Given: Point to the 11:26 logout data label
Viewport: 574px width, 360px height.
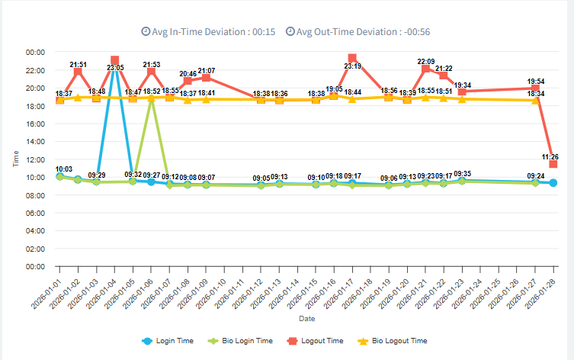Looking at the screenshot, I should tap(550, 156).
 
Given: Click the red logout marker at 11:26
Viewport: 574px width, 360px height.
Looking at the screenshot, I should tap(553, 164).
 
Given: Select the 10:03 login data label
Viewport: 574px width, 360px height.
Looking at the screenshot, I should tap(64, 169).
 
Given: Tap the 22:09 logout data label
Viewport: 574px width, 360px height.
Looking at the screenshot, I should tap(425, 61).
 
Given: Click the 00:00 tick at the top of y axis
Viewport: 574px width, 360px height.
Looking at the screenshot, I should tap(36, 53).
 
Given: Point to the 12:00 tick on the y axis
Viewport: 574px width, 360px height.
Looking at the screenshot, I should tap(36, 159).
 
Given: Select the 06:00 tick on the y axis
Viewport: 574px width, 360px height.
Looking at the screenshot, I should tap(36, 214).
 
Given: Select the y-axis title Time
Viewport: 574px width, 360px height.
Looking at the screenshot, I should tap(15, 159).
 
